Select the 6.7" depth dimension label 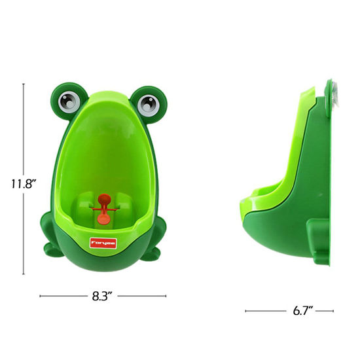pos(289,312)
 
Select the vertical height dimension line pos(25,131)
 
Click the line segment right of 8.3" pos(142,297)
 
